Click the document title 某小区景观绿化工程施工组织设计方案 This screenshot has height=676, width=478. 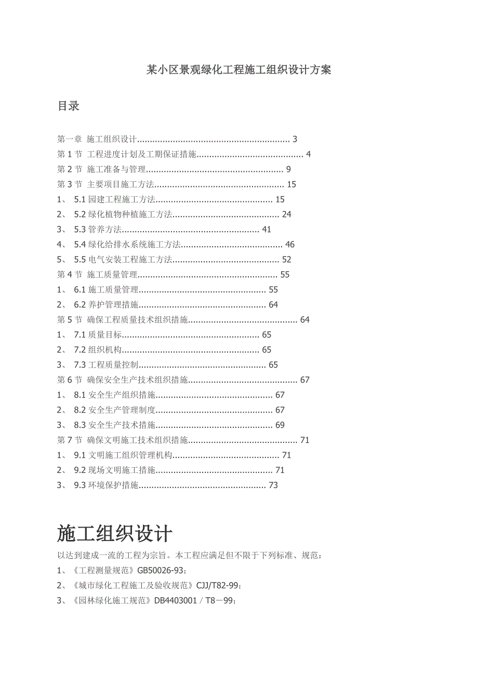[x=238, y=70]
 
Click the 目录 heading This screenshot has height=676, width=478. [x=68, y=106]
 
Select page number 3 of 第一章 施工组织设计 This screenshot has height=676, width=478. [x=295, y=139]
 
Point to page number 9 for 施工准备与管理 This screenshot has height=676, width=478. [x=288, y=169]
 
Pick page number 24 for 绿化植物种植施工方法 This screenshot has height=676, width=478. [x=286, y=214]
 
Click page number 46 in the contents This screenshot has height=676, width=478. [x=290, y=245]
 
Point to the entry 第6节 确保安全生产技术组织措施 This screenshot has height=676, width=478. [x=122, y=380]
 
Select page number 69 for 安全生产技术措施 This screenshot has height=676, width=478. [x=280, y=425]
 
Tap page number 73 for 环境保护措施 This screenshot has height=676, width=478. [x=273, y=485]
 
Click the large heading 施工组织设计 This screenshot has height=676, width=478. [x=115, y=534]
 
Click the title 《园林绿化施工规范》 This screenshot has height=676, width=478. [x=112, y=601]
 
